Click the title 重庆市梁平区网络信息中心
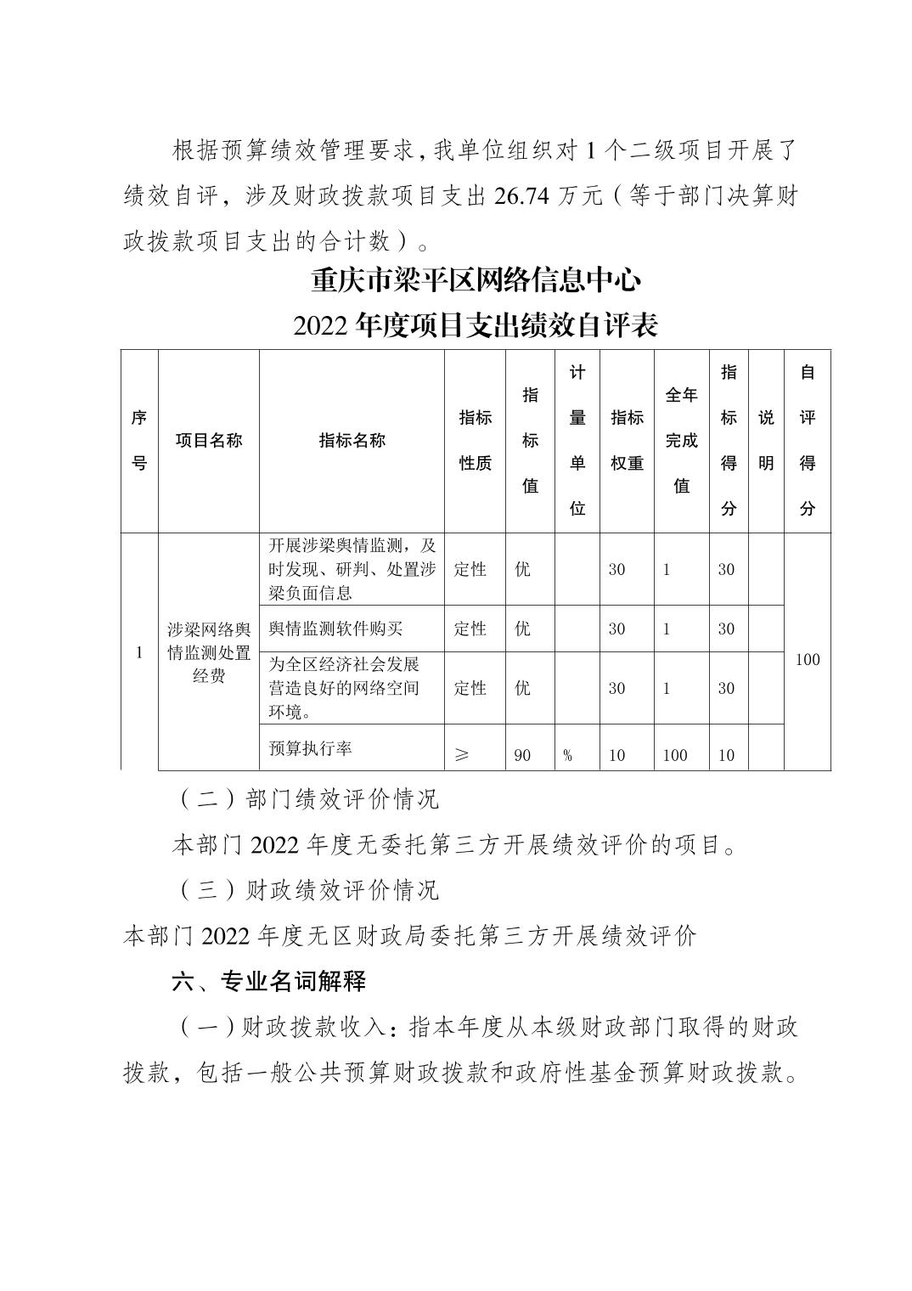point(475,279)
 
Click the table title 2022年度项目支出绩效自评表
point(475,325)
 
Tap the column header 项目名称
point(209,440)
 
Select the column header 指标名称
point(352,440)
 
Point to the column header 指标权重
point(627,440)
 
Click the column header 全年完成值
point(681,440)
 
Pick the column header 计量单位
point(577,440)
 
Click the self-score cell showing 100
point(807,659)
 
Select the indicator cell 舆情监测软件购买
point(335,629)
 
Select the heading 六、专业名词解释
point(268,981)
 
